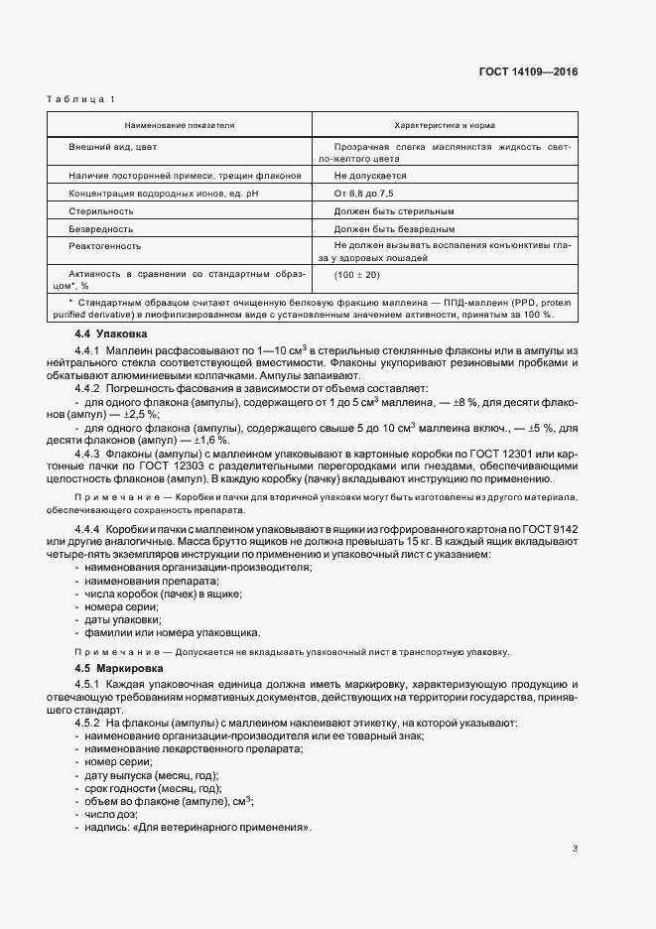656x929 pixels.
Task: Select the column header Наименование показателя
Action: click(180, 126)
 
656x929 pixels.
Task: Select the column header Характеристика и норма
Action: click(446, 126)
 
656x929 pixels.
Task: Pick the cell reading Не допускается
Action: click(371, 176)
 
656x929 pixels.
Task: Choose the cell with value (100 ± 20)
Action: click(357, 274)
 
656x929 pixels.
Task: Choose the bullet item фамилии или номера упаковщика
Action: click(174, 632)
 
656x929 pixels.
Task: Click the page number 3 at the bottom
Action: click(575, 848)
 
